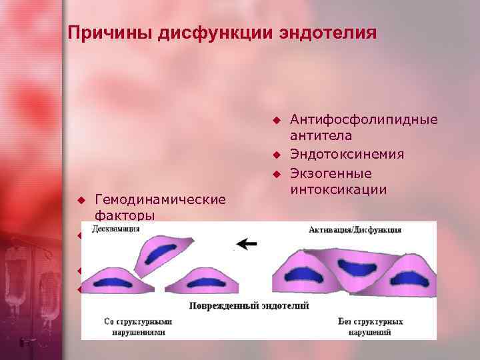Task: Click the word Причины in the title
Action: click(110, 33)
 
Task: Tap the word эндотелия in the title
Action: click(319, 33)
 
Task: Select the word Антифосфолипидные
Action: click(364, 119)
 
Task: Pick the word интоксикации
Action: click(338, 189)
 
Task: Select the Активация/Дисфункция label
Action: click(355, 229)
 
